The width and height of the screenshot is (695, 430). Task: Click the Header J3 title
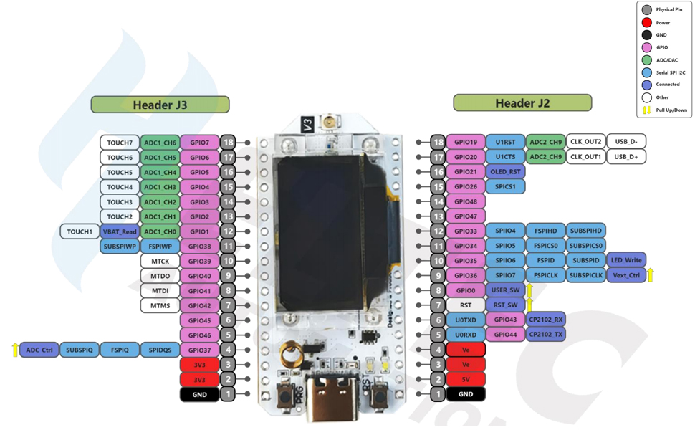(160, 105)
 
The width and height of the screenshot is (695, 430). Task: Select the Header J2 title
(522, 103)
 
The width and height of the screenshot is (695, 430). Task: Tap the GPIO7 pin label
(199, 143)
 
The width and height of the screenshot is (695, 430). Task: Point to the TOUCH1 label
(80, 231)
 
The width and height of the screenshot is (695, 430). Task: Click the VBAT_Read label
(120, 231)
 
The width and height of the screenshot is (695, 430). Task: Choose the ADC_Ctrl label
(39, 350)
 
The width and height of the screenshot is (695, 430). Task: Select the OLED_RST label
(505, 172)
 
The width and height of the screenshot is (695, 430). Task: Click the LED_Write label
(625, 260)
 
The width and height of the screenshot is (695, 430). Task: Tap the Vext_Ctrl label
(625, 275)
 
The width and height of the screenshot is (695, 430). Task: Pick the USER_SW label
(505, 290)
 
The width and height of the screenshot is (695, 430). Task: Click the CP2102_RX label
(546, 320)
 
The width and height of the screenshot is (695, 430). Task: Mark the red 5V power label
(466, 379)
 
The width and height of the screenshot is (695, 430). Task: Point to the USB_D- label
(625, 142)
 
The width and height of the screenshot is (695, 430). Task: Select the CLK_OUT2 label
(585, 142)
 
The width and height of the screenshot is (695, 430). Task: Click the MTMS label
(160, 305)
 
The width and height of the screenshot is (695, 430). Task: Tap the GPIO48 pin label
(466, 201)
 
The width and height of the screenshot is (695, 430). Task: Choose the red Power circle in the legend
(647, 22)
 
